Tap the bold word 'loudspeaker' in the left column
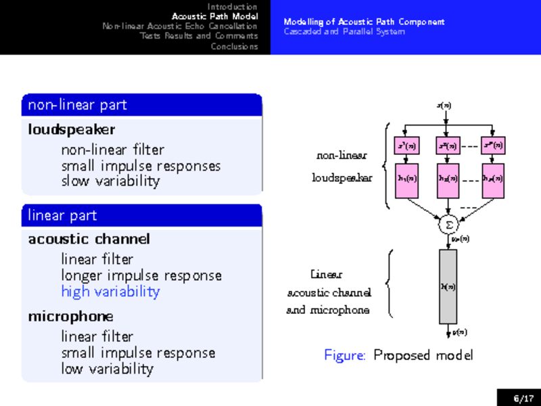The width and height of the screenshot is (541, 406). point(71,129)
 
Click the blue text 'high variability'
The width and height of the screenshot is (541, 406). point(110,292)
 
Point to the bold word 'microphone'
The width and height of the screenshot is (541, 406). point(70,317)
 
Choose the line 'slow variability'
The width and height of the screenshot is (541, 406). point(110,181)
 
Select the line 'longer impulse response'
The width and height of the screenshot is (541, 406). point(141,275)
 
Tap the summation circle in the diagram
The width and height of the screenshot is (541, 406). point(448,223)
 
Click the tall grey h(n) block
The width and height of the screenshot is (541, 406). point(448,286)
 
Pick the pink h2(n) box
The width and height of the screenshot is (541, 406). point(447,179)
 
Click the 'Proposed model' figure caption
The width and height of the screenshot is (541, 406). point(423,355)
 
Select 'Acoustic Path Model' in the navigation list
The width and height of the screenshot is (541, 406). point(214,16)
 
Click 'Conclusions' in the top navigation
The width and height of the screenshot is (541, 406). point(234,46)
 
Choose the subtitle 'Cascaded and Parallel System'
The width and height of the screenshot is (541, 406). point(344,32)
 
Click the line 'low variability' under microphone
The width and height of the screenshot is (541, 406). point(107,369)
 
